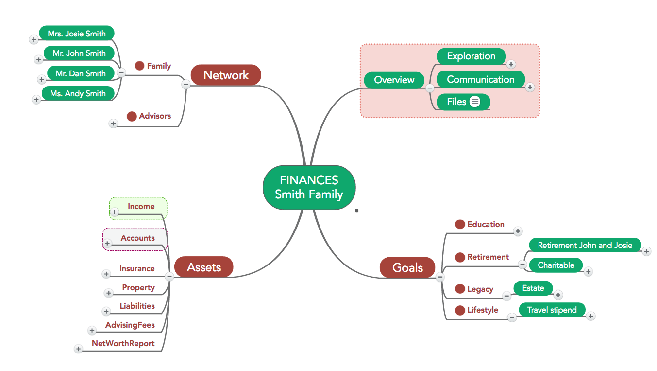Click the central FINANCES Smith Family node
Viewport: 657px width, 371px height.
[x=309, y=187]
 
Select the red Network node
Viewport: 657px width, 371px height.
[x=226, y=75]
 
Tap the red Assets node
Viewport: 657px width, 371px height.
[x=204, y=267]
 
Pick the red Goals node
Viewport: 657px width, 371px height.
[x=407, y=267]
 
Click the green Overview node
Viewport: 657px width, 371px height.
[x=394, y=80]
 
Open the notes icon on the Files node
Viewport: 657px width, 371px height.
[x=475, y=102]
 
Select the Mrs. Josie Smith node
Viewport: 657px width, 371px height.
[x=77, y=34]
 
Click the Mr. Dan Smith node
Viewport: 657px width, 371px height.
[x=81, y=73]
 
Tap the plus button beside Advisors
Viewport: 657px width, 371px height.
[x=113, y=124]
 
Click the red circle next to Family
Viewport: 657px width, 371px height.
[x=140, y=66]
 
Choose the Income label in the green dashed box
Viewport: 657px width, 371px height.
[x=141, y=206]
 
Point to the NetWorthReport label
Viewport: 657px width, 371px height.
[x=123, y=343]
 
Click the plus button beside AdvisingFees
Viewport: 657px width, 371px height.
[x=92, y=331]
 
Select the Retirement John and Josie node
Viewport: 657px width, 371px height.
[x=585, y=245]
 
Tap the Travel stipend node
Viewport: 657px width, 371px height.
[x=552, y=310]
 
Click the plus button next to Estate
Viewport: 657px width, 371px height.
[x=558, y=295]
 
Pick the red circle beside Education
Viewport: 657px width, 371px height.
[x=460, y=224]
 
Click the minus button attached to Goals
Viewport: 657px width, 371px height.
[x=439, y=277]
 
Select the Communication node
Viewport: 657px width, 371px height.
[x=481, y=79]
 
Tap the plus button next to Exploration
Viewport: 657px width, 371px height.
[x=511, y=64]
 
